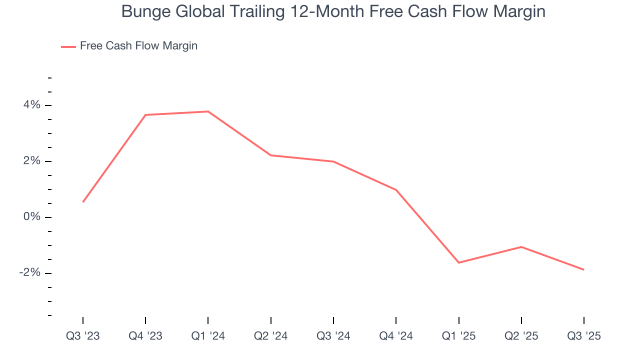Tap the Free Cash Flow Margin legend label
tap(138, 46)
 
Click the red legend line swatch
tap(68, 46)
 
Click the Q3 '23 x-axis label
tap(83, 336)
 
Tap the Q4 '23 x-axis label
tap(145, 336)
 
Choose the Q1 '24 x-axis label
tap(208, 336)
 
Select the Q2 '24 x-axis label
tap(271, 336)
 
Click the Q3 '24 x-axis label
tap(333, 336)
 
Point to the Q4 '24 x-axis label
tap(396, 336)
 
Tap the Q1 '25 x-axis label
tap(459, 336)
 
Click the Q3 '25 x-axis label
tap(584, 336)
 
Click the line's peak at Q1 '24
tap(208, 111)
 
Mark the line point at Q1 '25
tap(459, 262)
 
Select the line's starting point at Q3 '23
tap(83, 202)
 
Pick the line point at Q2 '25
tap(521, 247)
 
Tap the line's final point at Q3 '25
tap(583, 269)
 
